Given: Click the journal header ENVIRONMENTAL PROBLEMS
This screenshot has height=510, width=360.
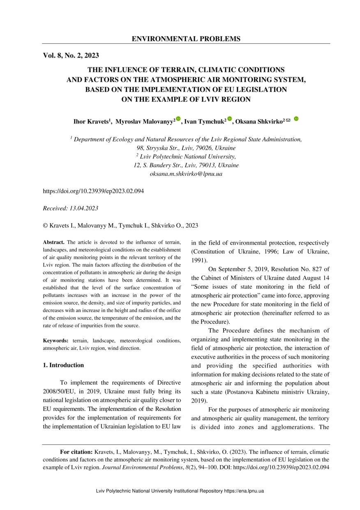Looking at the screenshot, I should click(x=186, y=39).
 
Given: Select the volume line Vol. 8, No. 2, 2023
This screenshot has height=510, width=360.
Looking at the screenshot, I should click(x=71, y=55).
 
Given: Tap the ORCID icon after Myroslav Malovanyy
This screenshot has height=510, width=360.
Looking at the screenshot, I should click(x=178, y=119).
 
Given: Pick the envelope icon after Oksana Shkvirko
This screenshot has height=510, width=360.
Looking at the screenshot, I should click(x=288, y=120).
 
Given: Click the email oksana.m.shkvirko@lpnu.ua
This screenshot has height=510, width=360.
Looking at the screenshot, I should click(x=186, y=174).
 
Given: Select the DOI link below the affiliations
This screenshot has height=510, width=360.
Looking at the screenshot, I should click(x=93, y=191).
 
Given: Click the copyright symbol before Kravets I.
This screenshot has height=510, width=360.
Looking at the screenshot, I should click(x=45, y=225).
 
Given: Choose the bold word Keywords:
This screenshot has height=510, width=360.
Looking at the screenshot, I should click(x=55, y=341).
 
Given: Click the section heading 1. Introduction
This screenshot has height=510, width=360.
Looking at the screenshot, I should click(x=63, y=365).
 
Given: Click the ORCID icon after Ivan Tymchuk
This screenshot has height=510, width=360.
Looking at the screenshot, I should click(x=230, y=119).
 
